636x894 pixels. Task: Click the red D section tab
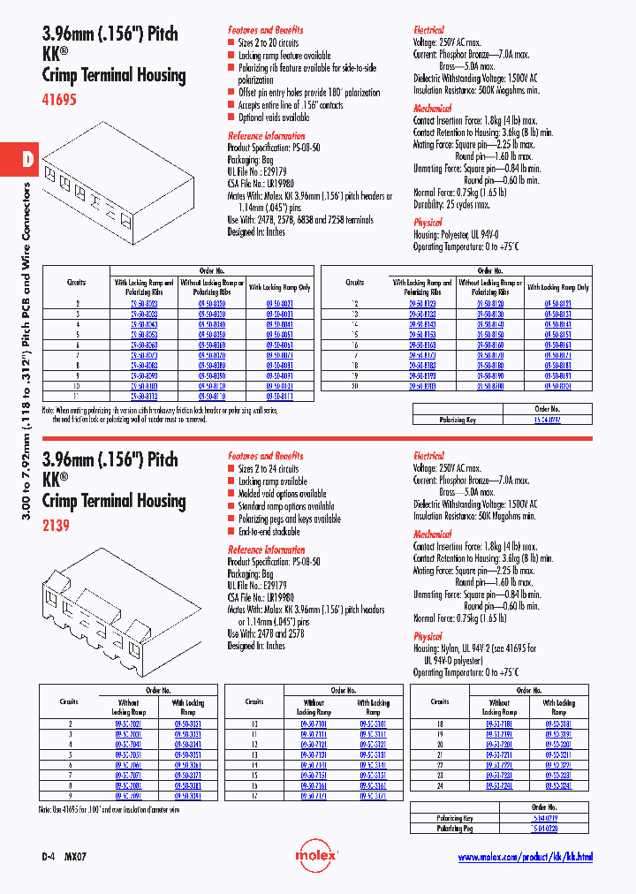point(27,160)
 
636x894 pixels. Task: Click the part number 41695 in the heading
point(60,101)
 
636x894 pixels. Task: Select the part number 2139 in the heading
point(56,527)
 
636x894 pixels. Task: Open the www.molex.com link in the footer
point(525,857)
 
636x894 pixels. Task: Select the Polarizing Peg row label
point(455,830)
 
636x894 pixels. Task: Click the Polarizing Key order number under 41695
point(547,420)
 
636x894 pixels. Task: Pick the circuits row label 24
point(440,784)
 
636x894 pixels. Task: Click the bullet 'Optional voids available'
point(274,117)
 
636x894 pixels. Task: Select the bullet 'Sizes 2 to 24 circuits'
point(269,469)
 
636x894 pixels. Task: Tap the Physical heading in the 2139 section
point(428,636)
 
